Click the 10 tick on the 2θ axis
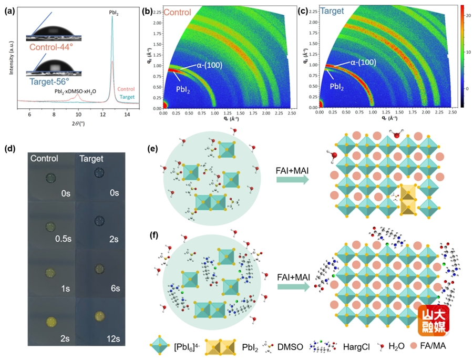coord(78,114)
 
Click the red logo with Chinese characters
coord(433,322)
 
